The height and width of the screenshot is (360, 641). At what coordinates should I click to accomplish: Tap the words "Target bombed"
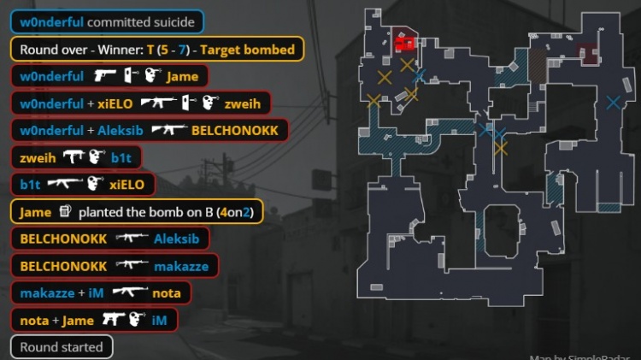248,50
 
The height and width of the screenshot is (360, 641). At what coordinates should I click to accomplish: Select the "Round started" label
61,347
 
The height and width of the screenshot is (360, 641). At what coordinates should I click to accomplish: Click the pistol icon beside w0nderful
105,76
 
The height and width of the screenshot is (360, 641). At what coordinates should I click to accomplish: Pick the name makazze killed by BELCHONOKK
181,266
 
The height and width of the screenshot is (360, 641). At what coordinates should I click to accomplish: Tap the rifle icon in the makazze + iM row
129,293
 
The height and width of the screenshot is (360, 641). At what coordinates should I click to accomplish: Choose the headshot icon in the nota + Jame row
137,321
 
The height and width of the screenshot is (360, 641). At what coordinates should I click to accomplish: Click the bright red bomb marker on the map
405,42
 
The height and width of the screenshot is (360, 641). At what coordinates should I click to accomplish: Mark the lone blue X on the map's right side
613,103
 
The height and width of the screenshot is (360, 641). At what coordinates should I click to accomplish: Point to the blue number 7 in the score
181,50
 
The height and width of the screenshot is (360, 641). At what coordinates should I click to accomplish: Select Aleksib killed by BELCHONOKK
176,239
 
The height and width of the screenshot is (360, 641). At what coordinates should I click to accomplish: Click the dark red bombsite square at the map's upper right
587,53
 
